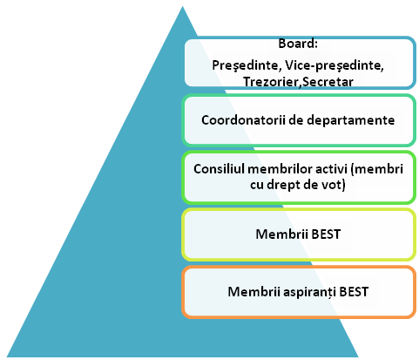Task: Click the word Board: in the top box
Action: [298, 44]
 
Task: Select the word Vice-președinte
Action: [335, 65]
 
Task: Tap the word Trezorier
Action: [271, 82]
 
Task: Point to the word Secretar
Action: [328, 82]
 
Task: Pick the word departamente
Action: [351, 120]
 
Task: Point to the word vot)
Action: [334, 185]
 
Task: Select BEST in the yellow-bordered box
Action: [326, 234]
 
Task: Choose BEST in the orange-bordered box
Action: [354, 292]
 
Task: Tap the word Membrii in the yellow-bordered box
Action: [281, 234]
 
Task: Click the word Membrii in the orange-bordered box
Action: [253, 292]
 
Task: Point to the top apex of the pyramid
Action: [182, 6]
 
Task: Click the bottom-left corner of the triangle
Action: [7, 357]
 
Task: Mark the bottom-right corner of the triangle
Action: [358, 357]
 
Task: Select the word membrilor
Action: [280, 169]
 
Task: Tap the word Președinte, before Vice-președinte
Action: [247, 65]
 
